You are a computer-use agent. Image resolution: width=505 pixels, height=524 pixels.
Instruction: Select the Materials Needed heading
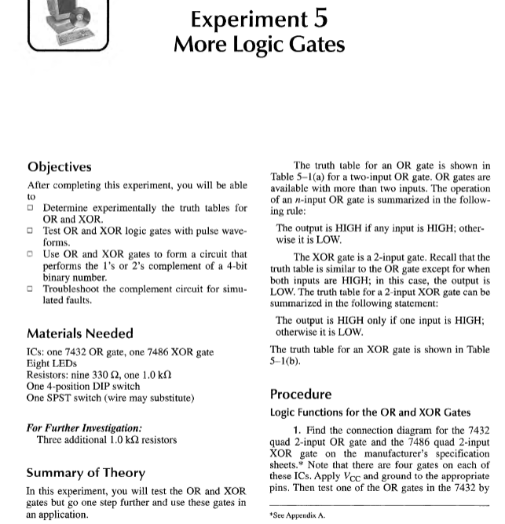point(80,333)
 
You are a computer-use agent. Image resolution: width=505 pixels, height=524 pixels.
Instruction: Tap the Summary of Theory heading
point(86,473)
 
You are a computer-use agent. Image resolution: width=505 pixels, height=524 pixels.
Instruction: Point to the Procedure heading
point(301,394)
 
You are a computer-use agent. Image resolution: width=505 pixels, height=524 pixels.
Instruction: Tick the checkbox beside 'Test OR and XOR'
point(31,231)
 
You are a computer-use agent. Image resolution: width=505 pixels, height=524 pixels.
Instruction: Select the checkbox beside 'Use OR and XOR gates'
point(31,254)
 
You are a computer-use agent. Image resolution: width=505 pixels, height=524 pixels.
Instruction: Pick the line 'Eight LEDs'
point(53,364)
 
